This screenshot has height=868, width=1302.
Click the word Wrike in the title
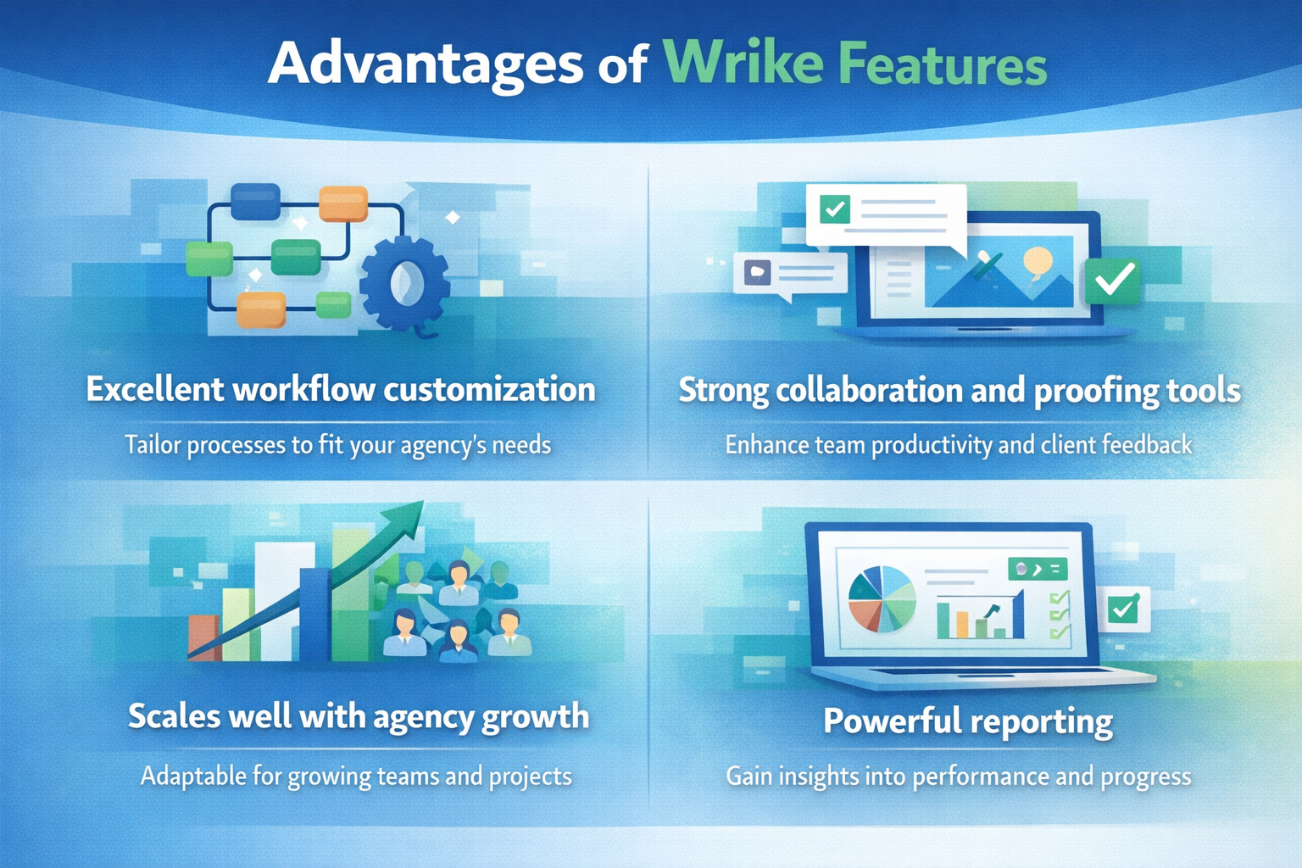[x=743, y=64]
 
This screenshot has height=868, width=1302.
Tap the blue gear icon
[x=405, y=282]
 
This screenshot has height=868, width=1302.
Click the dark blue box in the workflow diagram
[x=255, y=202]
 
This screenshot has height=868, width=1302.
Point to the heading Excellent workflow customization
[x=341, y=389]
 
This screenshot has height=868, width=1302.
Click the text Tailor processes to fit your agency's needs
[x=337, y=445]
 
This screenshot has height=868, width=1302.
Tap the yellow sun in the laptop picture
[x=1038, y=259]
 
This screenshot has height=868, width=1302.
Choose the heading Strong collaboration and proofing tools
[x=959, y=390]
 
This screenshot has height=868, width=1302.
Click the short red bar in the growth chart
[x=203, y=637]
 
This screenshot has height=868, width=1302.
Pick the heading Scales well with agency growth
[x=358, y=716]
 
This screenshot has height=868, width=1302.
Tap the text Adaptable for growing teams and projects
[x=356, y=776]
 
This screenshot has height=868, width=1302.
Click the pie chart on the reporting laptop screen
[x=882, y=599]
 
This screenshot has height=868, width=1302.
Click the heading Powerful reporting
[x=967, y=721]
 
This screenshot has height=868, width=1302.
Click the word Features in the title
[x=942, y=64]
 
